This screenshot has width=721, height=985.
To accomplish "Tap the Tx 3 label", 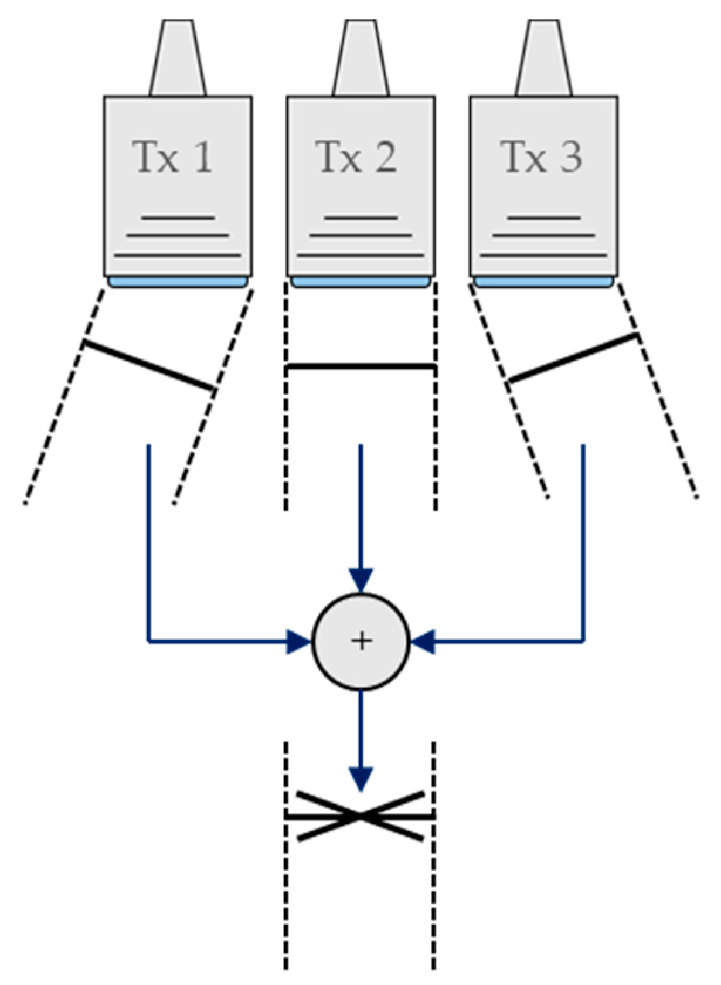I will [542, 157].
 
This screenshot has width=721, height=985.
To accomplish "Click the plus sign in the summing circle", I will [361, 641].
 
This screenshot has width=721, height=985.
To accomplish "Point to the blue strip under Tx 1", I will [178, 283].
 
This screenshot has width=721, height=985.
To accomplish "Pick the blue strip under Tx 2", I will [360, 283].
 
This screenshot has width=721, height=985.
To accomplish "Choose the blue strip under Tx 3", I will [543, 283].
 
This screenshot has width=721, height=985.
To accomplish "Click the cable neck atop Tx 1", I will [178, 59].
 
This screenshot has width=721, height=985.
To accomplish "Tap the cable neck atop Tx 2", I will [360, 59].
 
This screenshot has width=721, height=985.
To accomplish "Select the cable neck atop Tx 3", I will [543, 59].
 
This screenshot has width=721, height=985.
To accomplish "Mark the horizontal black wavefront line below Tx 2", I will [360, 367].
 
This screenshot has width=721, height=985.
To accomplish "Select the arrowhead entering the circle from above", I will [361, 580].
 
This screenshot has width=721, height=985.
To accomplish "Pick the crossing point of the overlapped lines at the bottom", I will [360, 816].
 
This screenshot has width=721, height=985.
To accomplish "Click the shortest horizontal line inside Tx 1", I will [178, 218].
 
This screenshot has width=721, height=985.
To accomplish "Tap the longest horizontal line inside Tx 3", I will [543, 256].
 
